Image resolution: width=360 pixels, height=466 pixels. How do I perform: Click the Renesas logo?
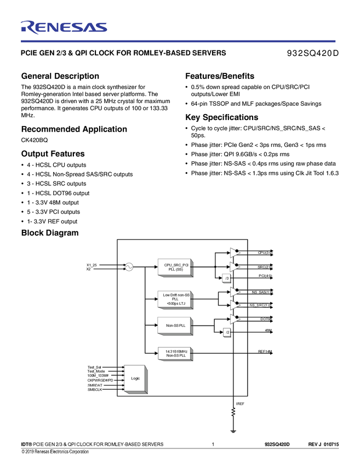(x=64, y=27)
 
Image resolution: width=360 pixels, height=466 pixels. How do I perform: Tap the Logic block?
(x=135, y=378)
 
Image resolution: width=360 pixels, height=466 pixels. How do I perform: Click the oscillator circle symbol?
(x=129, y=267)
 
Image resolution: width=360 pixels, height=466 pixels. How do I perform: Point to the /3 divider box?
(x=226, y=278)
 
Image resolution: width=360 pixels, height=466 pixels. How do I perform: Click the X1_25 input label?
(x=92, y=265)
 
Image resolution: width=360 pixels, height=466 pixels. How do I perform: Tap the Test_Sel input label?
(x=94, y=367)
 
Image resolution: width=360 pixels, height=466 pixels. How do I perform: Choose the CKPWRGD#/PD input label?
(x=100, y=380)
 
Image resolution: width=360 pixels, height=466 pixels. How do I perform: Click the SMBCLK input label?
(x=95, y=389)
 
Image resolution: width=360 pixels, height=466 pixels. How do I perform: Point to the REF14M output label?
(x=265, y=351)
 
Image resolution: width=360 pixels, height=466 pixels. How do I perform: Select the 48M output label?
(x=268, y=331)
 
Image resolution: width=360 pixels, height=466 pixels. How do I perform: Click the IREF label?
(x=239, y=404)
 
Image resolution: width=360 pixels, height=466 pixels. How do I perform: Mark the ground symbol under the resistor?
(x=233, y=431)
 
